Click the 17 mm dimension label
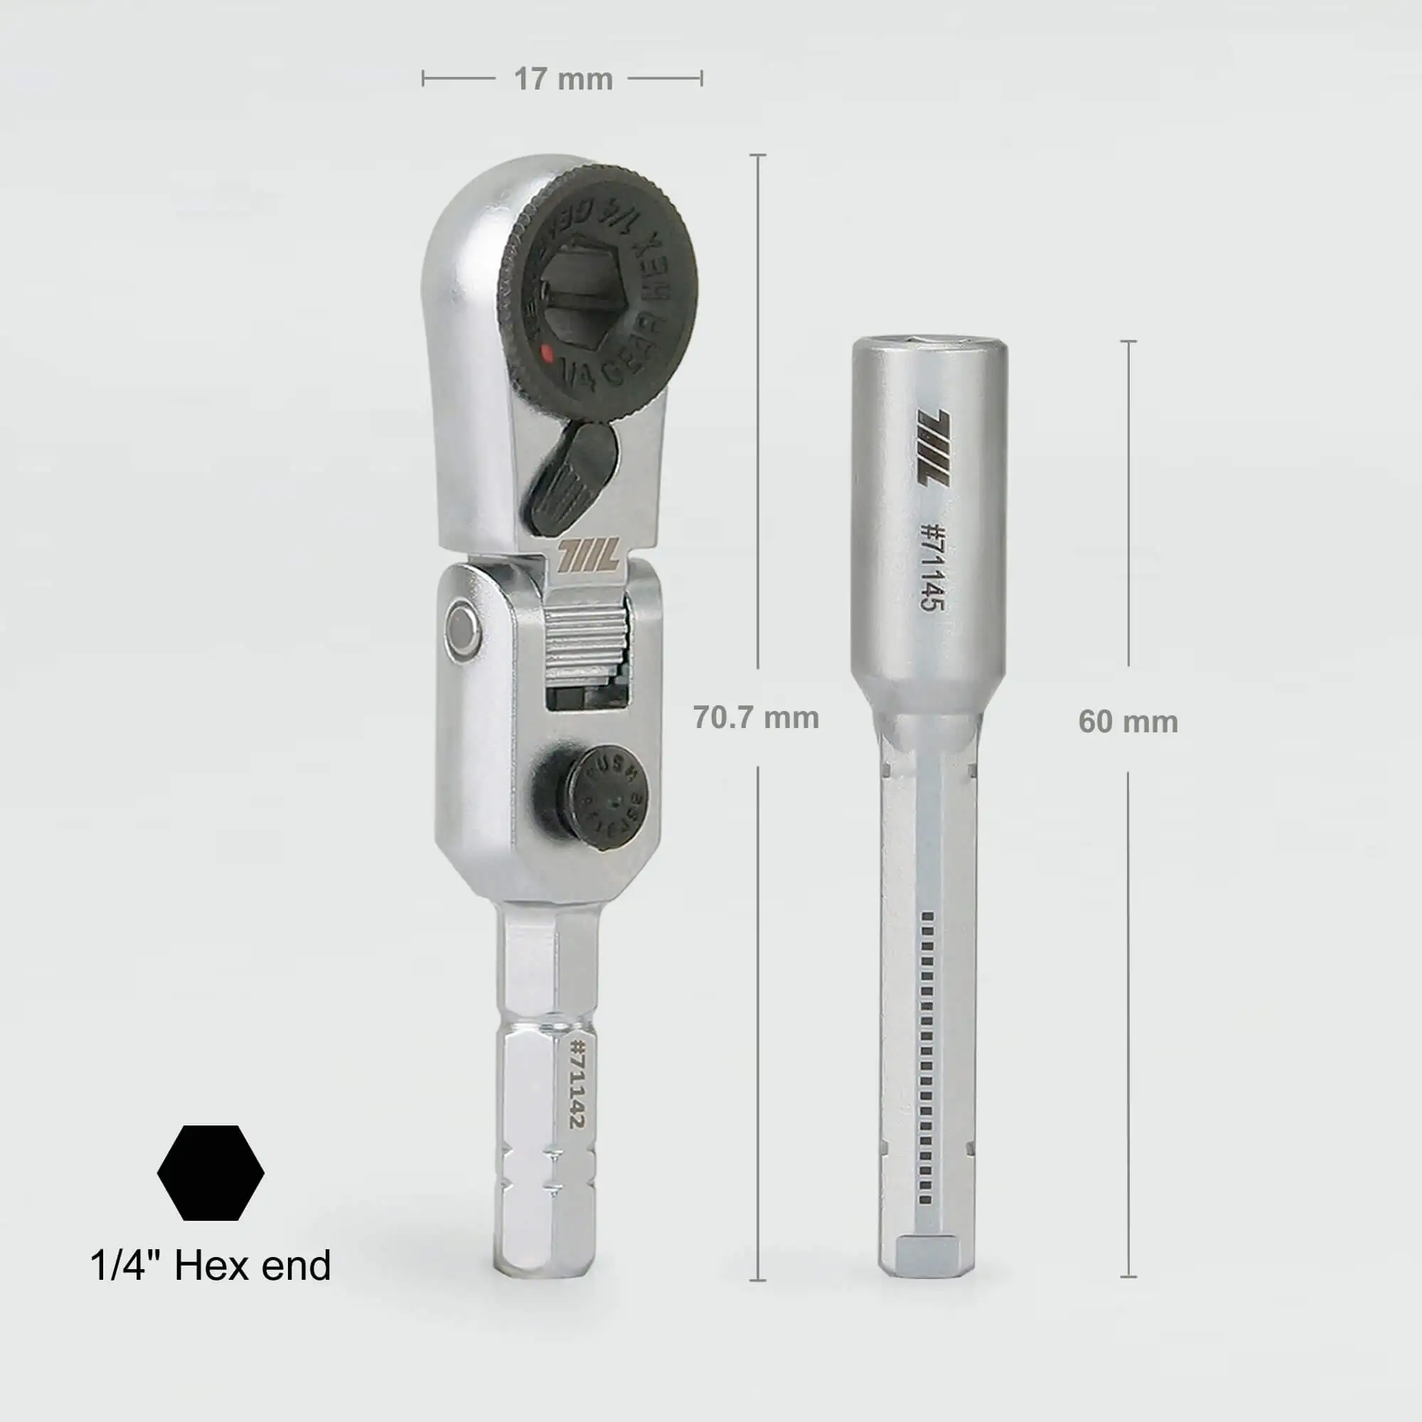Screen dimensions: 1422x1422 click(563, 80)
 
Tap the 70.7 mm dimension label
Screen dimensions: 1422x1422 click(756, 717)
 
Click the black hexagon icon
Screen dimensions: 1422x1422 click(210, 1172)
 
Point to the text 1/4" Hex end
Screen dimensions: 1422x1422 click(210, 1266)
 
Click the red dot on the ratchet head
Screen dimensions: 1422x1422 click(546, 353)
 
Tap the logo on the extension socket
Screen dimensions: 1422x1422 click(934, 447)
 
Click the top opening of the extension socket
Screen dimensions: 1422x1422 click(929, 341)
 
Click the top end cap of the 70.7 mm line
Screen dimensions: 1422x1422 click(757, 155)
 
